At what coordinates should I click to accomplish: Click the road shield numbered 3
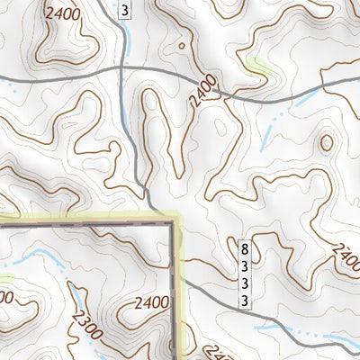(124, 10)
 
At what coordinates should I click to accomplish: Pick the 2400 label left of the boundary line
(149, 301)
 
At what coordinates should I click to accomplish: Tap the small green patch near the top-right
(260, 65)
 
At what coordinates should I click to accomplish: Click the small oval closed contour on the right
(326, 142)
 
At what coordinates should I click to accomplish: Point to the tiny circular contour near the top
(182, 42)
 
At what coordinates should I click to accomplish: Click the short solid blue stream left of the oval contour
(267, 135)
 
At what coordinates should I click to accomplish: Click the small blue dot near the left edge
(13, 88)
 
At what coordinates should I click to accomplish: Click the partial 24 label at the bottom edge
(217, 353)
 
